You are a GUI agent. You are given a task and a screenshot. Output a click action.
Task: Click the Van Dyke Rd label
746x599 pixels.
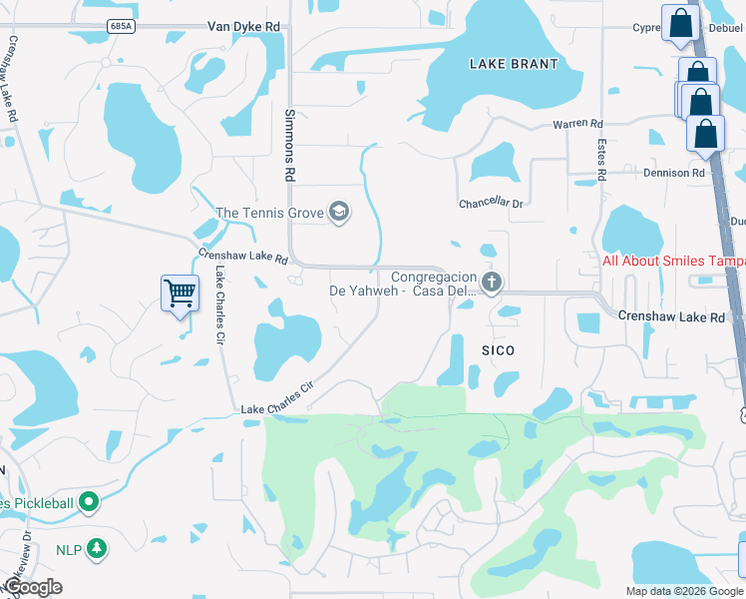coord(244,27)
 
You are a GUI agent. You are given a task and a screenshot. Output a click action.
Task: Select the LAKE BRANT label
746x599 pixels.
coord(514,64)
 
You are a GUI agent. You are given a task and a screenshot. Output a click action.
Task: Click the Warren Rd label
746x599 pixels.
coord(578,125)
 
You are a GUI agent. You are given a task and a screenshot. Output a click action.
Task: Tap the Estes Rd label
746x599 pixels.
coord(601,159)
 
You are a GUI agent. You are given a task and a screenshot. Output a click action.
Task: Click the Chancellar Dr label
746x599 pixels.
coord(491,204)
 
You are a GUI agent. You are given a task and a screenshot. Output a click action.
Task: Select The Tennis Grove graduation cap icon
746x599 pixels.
coord(339,212)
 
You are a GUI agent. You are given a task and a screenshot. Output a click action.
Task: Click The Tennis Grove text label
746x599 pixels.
coord(270,213)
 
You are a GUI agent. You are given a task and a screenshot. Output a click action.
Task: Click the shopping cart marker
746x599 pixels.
coord(180,294)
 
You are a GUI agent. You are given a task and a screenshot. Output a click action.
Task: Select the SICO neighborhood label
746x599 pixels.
coord(498,350)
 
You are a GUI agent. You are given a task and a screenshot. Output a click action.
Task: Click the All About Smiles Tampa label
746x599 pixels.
coord(673,262)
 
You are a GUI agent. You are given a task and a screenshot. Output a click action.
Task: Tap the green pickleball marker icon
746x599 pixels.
coord(89,502)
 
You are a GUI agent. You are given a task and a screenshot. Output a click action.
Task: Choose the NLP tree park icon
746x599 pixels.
coord(96,547)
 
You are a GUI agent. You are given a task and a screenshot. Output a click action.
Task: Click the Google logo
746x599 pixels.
coord(34,587)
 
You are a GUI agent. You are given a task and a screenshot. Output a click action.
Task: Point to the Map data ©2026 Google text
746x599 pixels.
coord(683,591)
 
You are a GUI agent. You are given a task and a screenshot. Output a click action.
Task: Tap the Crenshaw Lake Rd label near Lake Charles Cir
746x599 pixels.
coord(242,258)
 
